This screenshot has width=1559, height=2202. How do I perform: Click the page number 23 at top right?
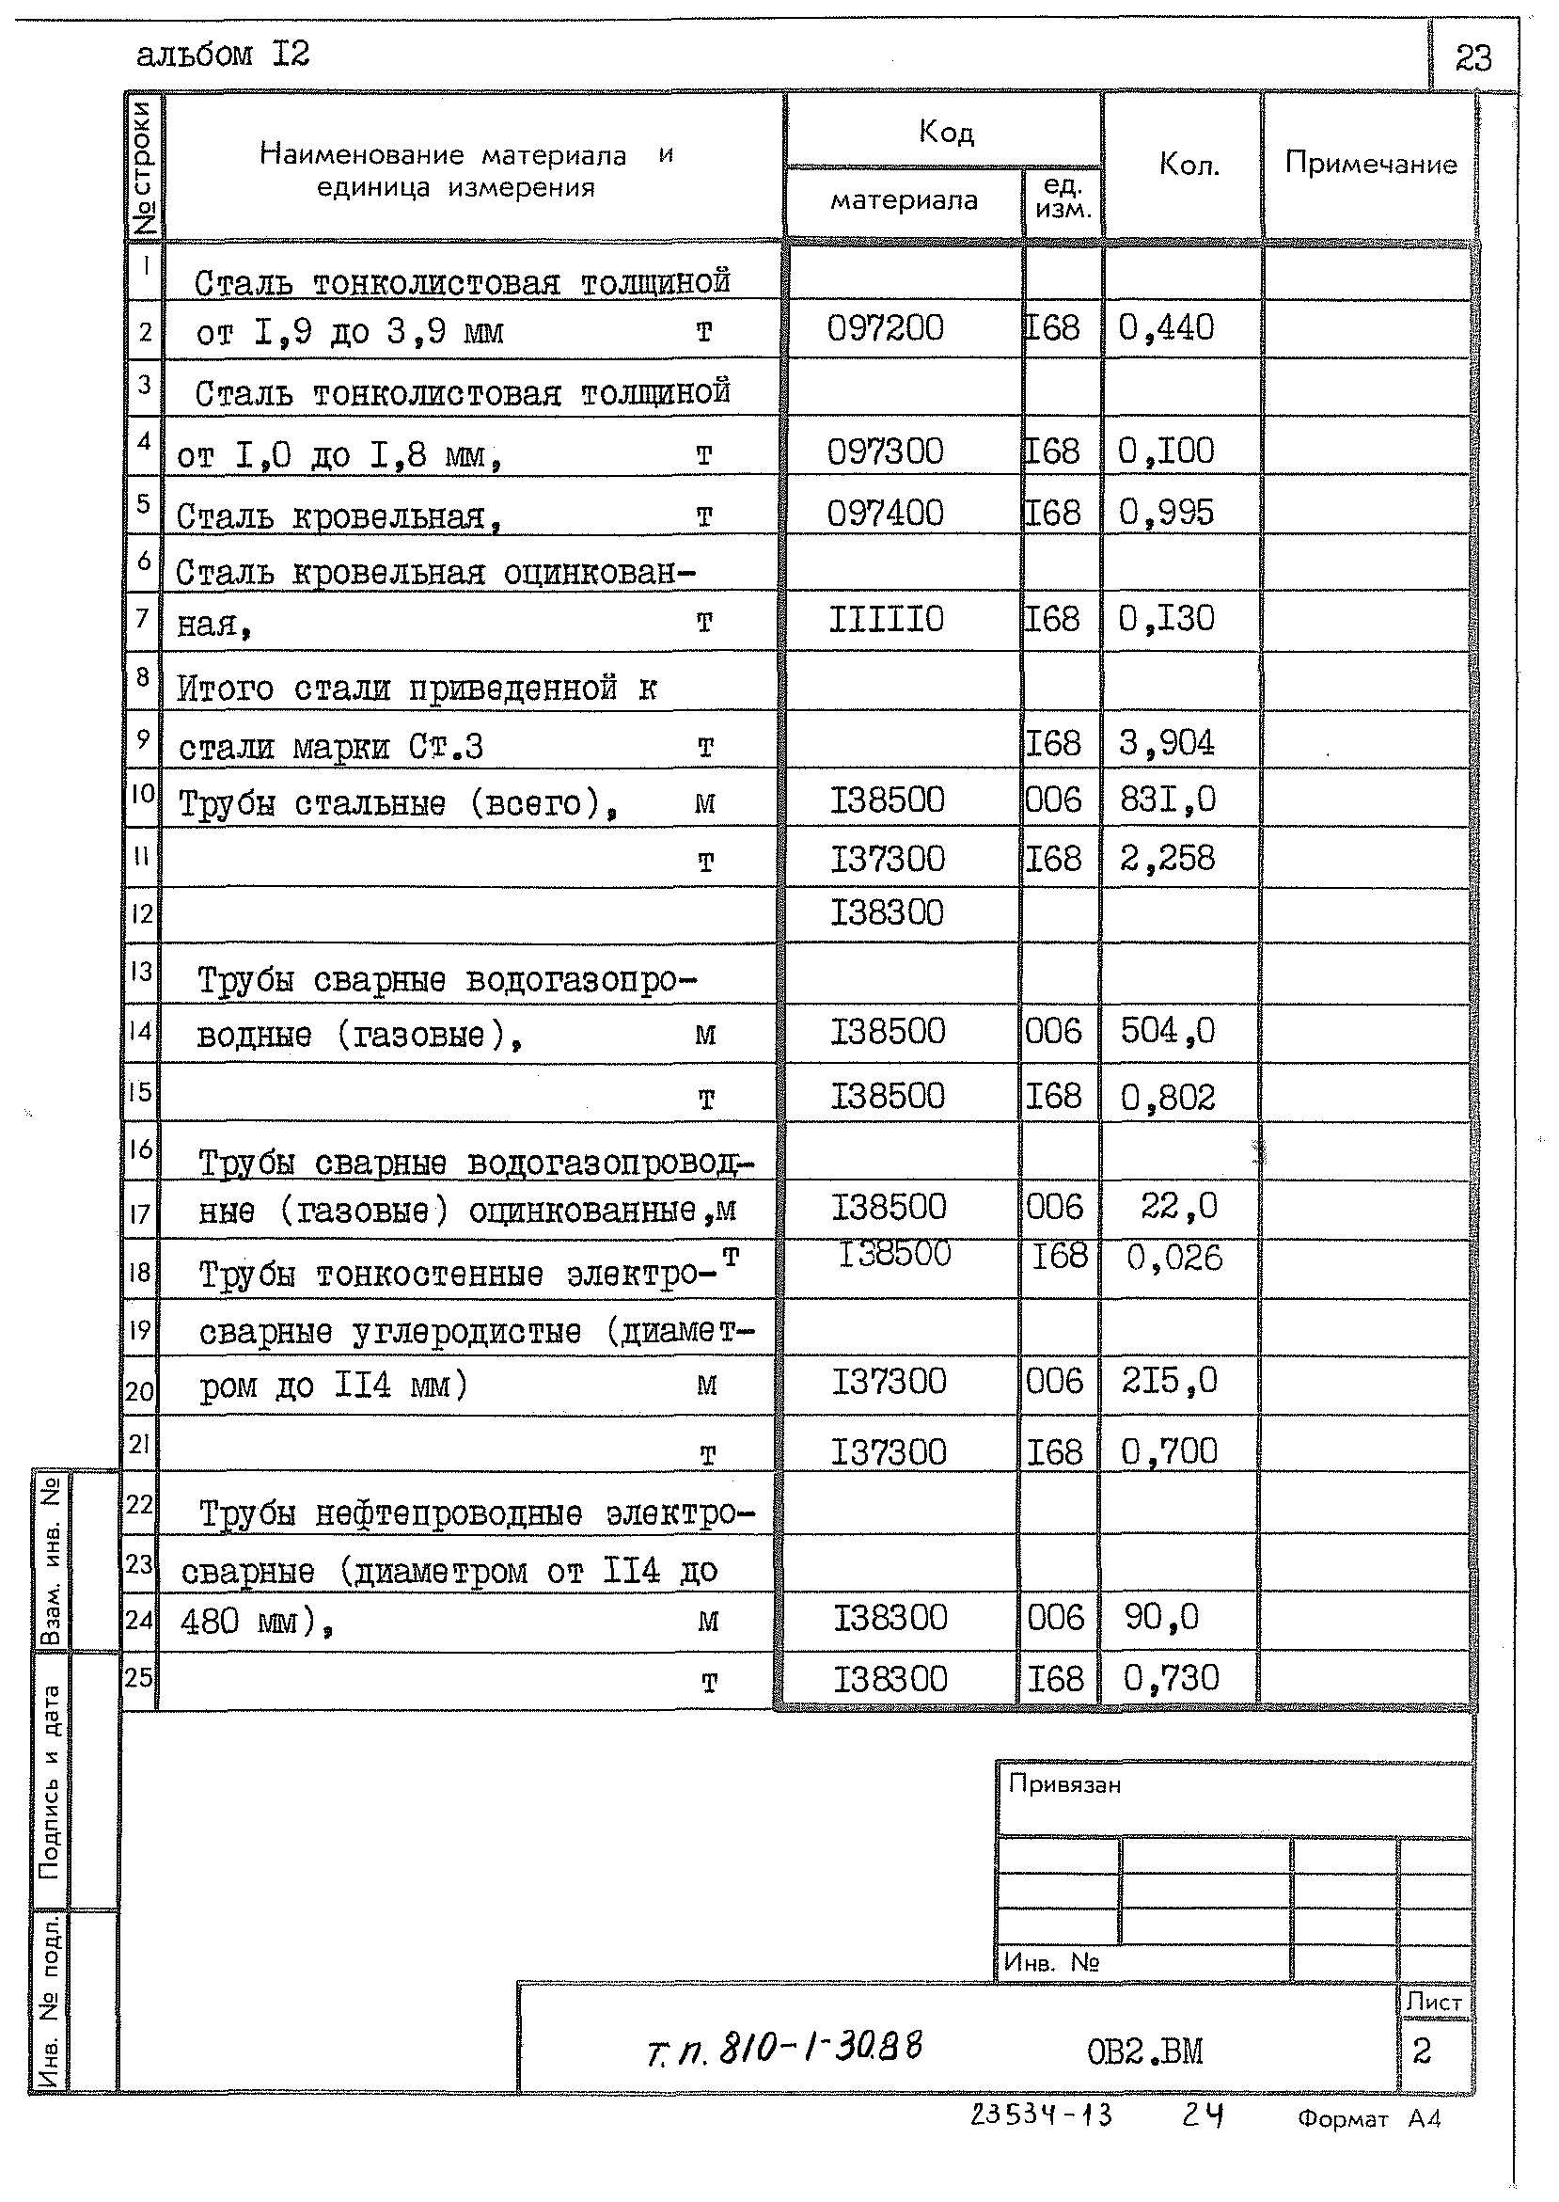tap(1472, 58)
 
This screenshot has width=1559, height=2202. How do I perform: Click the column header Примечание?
tap(1370, 164)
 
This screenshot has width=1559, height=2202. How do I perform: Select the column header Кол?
tap(1189, 166)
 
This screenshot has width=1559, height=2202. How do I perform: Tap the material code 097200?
tap(885, 328)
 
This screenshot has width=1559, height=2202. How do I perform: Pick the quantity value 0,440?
tap(1165, 328)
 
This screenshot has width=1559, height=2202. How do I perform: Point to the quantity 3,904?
tap(1166, 742)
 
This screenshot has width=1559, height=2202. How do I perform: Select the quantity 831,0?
tap(1167, 799)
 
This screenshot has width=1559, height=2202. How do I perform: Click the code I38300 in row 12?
tap(887, 912)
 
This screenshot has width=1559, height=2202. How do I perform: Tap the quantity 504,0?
tap(1167, 1031)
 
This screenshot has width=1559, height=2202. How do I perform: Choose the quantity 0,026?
tap(1174, 1258)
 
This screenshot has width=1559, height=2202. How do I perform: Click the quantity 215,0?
tap(1168, 1381)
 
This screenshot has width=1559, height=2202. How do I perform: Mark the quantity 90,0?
tap(1161, 1617)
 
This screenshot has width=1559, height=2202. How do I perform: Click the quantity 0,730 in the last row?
tap(1171, 1678)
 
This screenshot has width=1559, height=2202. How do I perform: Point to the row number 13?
tap(140, 972)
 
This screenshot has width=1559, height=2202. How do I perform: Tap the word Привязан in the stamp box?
tap(1063, 1785)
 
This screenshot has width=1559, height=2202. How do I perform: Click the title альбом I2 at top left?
tap(223, 55)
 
